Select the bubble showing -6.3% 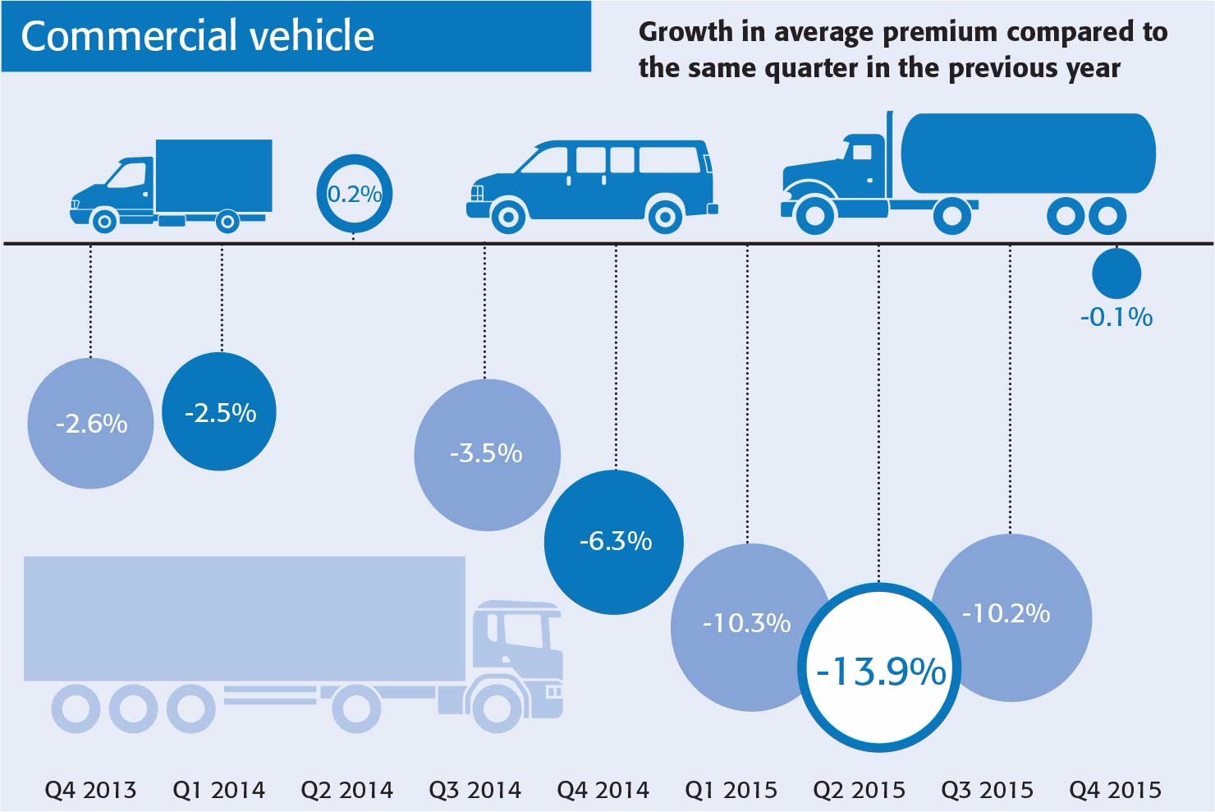pos(615,542)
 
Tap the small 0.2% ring pos(354,195)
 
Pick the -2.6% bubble pos(91,424)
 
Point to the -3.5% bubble pos(487,454)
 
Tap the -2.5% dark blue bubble pos(220,412)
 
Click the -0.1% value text pos(1116,317)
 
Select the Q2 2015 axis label pos(859,791)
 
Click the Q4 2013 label pos(90,791)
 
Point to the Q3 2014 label pos(475,791)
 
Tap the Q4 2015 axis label pos(1115,791)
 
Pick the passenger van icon pos(591,186)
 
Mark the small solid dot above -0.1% pos(1116,273)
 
